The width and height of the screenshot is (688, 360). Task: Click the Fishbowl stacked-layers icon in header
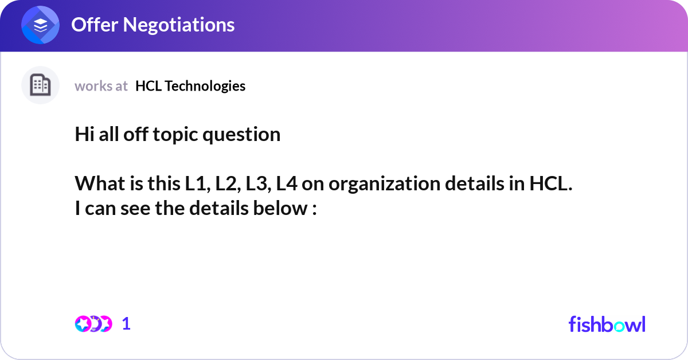[x=41, y=26]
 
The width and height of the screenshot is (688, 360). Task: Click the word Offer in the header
[x=95, y=25]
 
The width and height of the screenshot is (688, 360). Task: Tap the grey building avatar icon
[x=40, y=85]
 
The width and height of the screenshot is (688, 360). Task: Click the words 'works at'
[x=101, y=86]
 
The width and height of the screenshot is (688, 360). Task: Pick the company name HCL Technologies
[x=190, y=86]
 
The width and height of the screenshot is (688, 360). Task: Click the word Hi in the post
[x=84, y=134]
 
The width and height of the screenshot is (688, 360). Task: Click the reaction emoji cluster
[x=93, y=324]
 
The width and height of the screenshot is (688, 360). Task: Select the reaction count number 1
[x=127, y=324]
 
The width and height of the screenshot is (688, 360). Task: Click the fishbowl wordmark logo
[x=607, y=324]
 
